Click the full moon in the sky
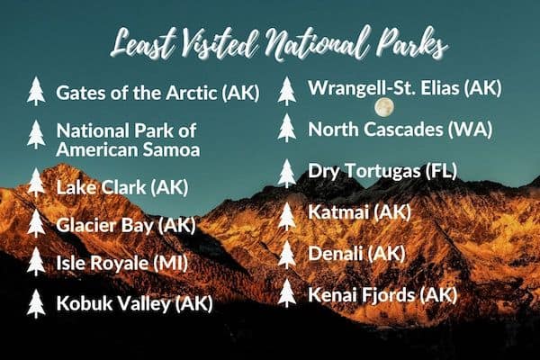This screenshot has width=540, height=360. click(x=384, y=107)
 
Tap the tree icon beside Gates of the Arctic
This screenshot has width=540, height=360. click(x=36, y=91)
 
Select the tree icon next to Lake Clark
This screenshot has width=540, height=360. click(x=36, y=183)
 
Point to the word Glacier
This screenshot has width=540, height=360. click(x=86, y=225)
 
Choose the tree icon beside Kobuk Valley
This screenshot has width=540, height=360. click(x=36, y=303)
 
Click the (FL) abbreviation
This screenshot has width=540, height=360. click(x=442, y=170)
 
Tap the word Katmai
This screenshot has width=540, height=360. click(x=338, y=211)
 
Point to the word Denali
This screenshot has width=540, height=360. click(x=336, y=254)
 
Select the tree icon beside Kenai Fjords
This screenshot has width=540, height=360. click(x=287, y=292)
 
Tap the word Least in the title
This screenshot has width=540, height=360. click(x=145, y=44)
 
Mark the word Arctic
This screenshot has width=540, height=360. click(x=192, y=93)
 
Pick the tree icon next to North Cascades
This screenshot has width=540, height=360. click(x=287, y=128)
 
